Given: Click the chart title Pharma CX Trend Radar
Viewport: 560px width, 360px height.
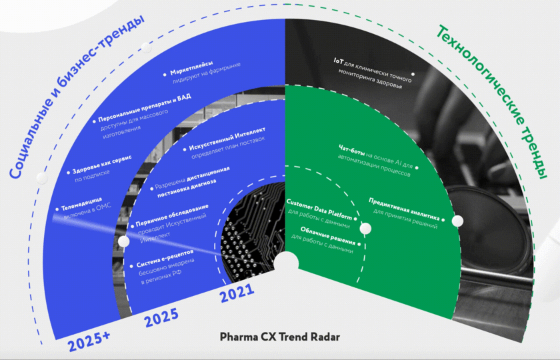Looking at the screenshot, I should coord(280,337).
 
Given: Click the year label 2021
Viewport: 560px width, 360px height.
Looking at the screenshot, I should coord(235,291).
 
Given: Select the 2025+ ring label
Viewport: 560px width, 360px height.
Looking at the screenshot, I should coord(89,338).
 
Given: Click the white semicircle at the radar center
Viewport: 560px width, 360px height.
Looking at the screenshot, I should coord(287,263).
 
